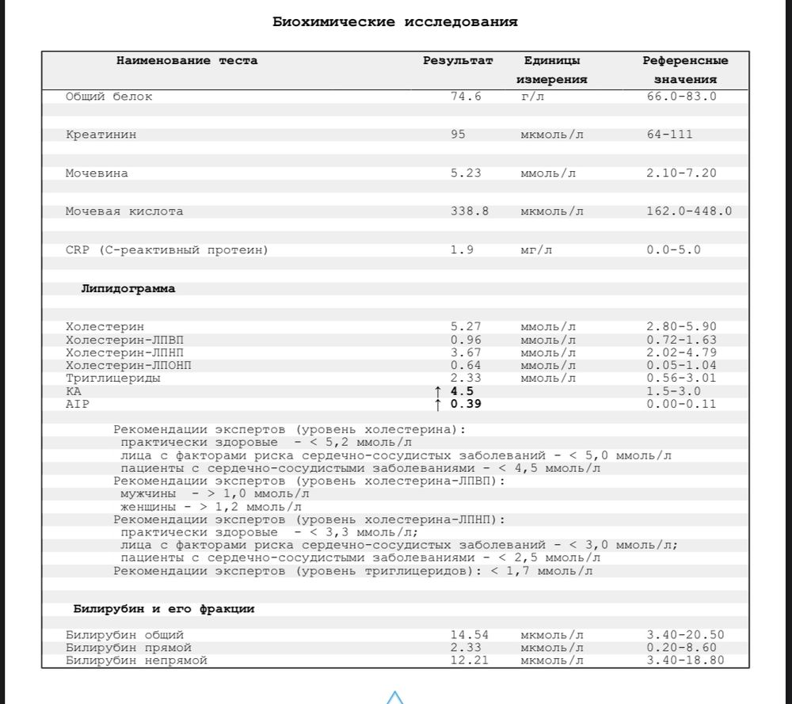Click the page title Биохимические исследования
(395, 22)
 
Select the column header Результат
(458, 61)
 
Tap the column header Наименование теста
(187, 61)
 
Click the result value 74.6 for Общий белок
(466, 97)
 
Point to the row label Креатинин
(101, 135)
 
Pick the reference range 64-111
(669, 135)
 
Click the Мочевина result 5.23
(466, 173)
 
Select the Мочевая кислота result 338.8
(470, 211)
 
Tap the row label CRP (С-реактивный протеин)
(167, 250)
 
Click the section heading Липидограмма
(128, 289)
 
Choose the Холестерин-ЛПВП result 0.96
(466, 340)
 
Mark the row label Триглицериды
(112, 379)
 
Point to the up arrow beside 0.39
(438, 405)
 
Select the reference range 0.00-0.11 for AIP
(681, 404)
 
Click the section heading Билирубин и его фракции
(164, 609)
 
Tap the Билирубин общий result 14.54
(470, 635)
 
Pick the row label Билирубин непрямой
(136, 660)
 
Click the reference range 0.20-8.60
(681, 648)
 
